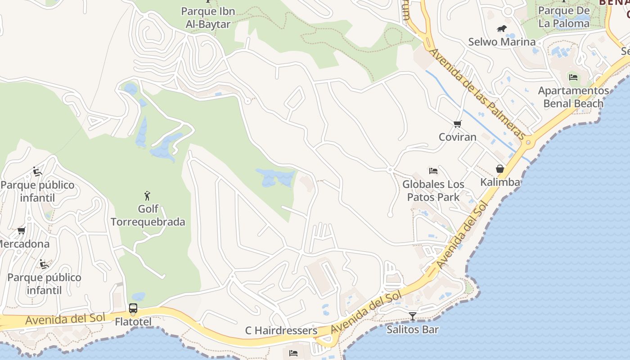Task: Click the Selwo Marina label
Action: tap(502, 42)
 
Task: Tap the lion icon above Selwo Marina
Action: tap(502, 29)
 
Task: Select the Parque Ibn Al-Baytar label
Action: tap(208, 18)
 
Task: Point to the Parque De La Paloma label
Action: tap(564, 17)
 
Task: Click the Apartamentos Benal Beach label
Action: tap(573, 97)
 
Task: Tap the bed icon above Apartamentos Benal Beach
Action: tap(573, 77)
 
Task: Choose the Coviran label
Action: tap(458, 137)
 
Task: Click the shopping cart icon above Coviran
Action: tap(458, 124)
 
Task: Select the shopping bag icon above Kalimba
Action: tap(499, 169)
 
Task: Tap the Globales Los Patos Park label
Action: tap(433, 190)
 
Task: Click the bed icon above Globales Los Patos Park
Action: tap(433, 171)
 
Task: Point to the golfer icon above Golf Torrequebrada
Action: tap(147, 196)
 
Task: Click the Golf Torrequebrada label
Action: tap(148, 216)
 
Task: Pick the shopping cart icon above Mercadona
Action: tap(21, 231)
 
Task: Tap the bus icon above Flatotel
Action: tap(133, 308)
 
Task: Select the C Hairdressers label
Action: tap(281, 331)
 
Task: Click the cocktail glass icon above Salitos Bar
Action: tap(412, 316)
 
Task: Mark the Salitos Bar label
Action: tap(413, 329)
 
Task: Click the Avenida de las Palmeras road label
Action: tap(477, 94)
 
